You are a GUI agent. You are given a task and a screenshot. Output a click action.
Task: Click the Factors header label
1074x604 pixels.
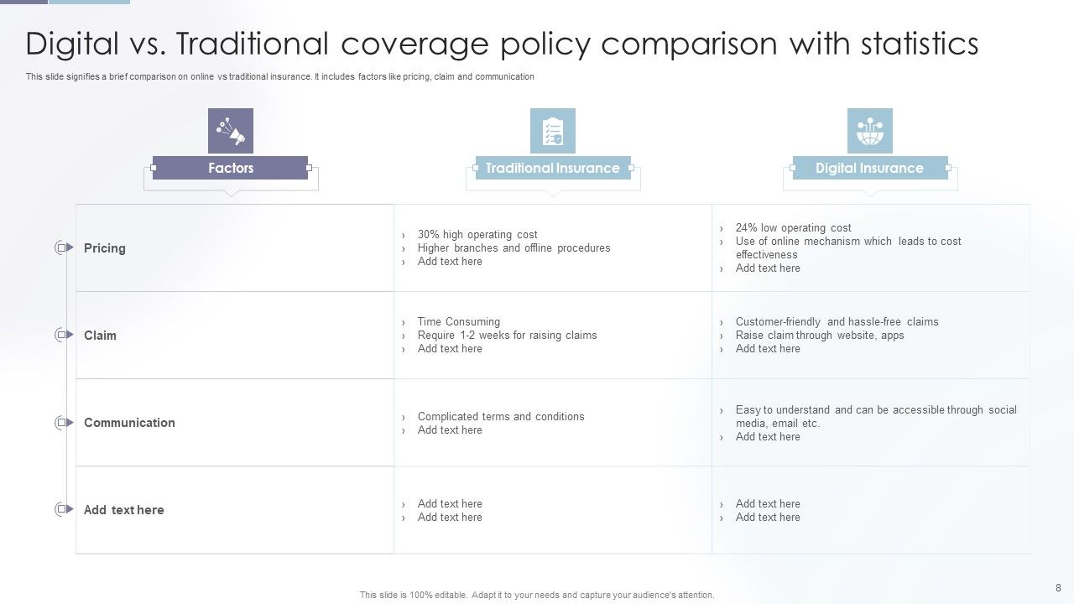[230, 168]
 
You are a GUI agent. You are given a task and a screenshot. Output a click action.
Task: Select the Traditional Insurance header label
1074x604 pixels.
[552, 168]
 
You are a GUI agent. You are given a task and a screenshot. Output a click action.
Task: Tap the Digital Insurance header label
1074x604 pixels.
[869, 168]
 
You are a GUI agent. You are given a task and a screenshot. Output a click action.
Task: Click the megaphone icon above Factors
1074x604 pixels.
[231, 131]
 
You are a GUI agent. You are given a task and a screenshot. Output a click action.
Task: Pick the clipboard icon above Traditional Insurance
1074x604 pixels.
[552, 131]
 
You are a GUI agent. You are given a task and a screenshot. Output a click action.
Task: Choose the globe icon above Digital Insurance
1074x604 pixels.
[869, 131]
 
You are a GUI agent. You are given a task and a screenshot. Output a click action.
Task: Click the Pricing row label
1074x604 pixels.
[105, 248]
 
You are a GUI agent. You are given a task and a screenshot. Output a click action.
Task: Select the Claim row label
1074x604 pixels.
[100, 336]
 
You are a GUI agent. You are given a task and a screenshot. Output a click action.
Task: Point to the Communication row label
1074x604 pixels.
[129, 423]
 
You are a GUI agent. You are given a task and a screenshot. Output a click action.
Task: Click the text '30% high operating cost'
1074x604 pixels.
[477, 235]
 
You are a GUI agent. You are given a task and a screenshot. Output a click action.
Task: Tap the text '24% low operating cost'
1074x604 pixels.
[793, 228]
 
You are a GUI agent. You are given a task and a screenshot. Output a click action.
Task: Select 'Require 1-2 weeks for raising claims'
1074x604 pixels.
[507, 336]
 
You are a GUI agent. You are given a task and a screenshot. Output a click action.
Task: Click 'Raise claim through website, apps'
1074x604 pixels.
[820, 336]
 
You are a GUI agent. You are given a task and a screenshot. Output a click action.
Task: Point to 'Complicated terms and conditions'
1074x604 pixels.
[501, 417]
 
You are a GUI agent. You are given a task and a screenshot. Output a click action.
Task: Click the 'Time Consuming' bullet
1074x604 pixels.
[458, 322]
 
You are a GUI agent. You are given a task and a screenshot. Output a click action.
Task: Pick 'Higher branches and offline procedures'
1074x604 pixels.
[514, 248]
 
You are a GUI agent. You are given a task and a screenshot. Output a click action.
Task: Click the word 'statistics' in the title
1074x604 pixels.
[919, 44]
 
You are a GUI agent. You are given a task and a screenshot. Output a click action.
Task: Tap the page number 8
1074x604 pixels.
[1058, 588]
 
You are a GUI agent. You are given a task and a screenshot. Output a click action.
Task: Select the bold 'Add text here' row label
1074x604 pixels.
[123, 510]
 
